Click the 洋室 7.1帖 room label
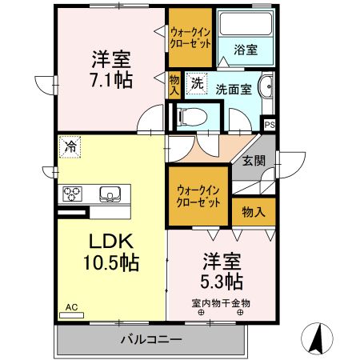click(110, 70)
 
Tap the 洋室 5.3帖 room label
click(222, 271)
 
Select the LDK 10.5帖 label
click(109, 250)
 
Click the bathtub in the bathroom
click(246, 27)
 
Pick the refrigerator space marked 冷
click(70, 147)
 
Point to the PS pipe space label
click(270, 124)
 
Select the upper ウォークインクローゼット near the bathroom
click(190, 38)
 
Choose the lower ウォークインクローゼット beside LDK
click(198, 197)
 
